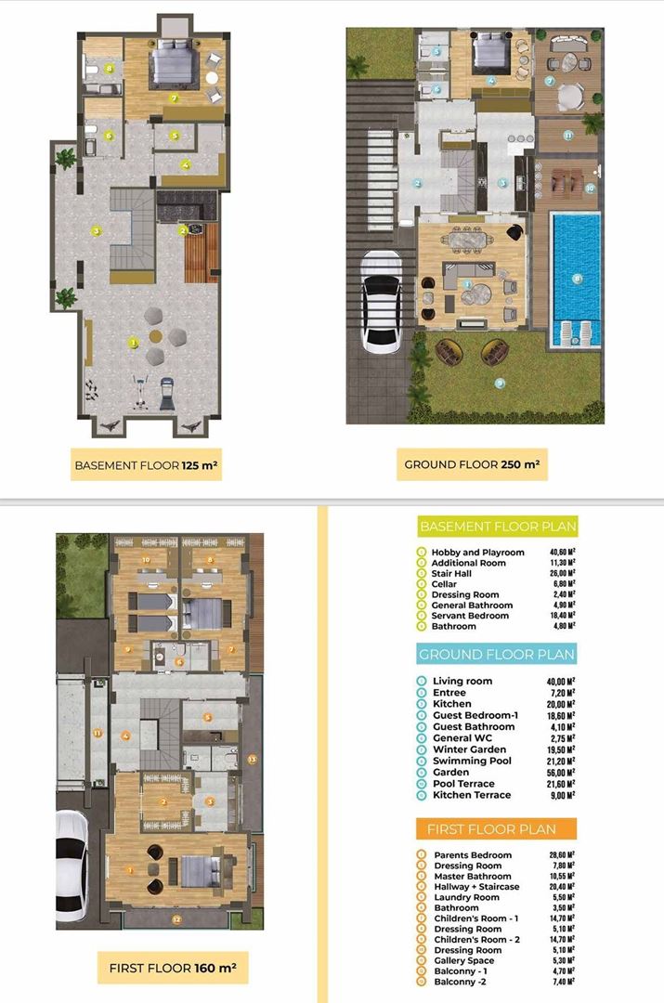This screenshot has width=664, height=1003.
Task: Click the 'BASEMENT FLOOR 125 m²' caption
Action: coord(146,463)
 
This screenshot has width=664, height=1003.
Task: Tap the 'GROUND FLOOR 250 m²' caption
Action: coord(471,463)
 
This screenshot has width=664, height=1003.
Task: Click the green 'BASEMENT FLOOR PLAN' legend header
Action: coord(498,527)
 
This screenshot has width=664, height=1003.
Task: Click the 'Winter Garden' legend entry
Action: coord(469,749)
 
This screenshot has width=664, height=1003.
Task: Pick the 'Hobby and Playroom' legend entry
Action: coord(477,553)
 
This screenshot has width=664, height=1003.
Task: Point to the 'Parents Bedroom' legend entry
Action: coord(472,855)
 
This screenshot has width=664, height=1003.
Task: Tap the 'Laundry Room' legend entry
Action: coord(466,897)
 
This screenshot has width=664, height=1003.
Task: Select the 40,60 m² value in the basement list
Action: coord(559,553)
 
